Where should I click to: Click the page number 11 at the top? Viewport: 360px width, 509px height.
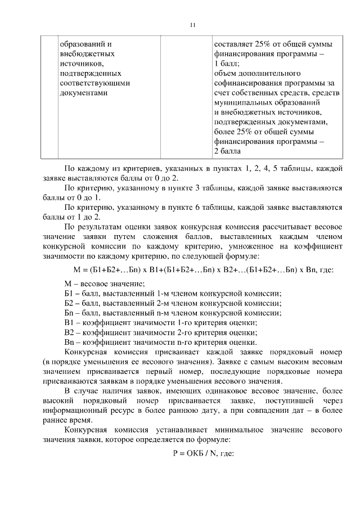coord(192,25)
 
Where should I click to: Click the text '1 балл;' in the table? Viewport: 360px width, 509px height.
coord(227,64)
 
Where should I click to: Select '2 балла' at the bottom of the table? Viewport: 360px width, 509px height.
coord(228,151)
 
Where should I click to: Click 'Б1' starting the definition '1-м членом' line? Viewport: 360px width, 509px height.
coord(69,293)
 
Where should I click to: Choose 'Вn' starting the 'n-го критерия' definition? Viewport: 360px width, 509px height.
coord(69,342)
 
